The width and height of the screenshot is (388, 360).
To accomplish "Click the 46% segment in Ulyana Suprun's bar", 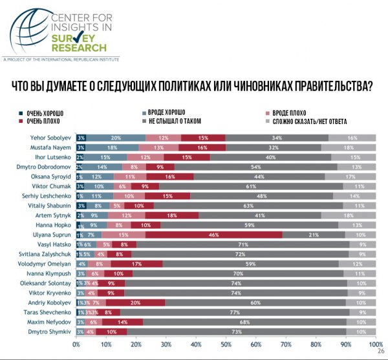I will (212, 235).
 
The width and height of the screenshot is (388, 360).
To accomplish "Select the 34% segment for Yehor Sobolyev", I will (276, 138).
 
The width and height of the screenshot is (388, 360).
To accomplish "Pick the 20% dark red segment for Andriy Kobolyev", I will (135, 302).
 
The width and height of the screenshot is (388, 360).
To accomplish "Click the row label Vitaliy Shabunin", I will (51, 205).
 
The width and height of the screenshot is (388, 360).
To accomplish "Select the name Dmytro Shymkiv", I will (52, 331).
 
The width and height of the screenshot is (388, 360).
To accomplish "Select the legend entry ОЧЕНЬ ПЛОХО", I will (44, 121).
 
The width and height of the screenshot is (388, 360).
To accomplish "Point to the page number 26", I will (380, 352).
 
